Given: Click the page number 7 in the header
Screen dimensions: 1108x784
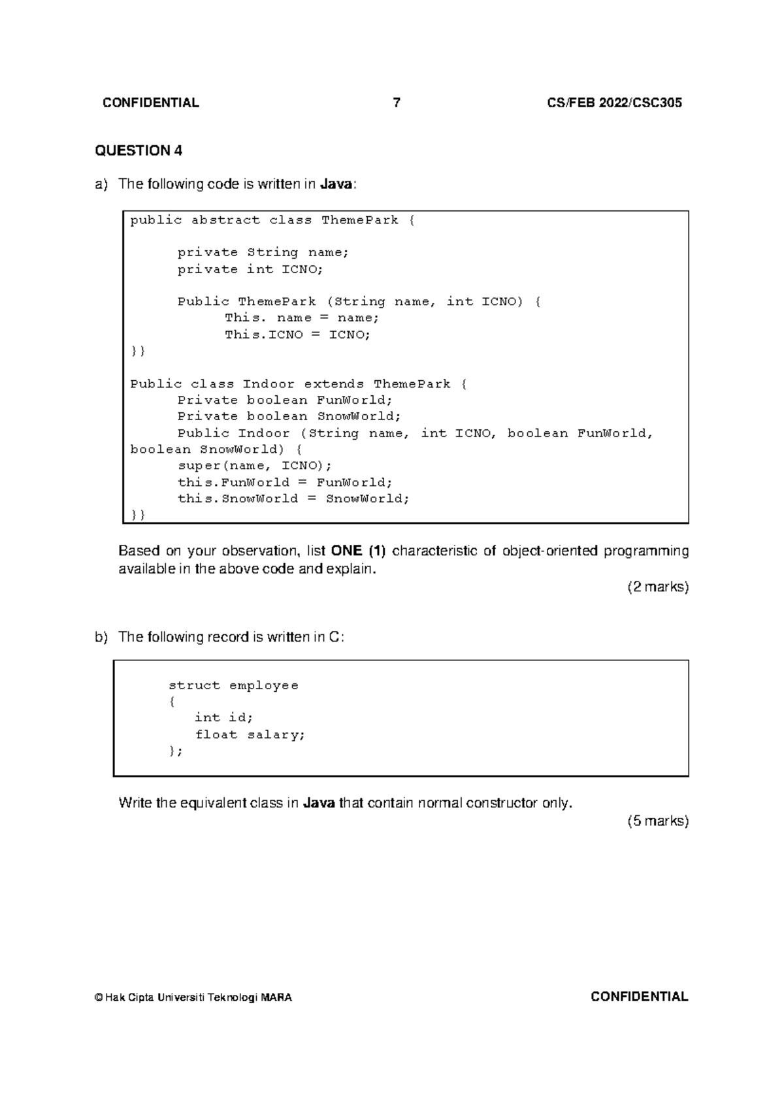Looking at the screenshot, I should point(397,103).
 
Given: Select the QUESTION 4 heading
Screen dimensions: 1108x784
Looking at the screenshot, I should point(139,151).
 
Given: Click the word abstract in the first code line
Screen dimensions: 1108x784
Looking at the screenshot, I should point(225,220).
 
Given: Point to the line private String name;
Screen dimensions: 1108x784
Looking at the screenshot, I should point(263,253).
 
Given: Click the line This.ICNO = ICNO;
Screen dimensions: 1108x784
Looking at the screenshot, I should point(297,334).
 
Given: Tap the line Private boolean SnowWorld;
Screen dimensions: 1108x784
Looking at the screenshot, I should point(289,416).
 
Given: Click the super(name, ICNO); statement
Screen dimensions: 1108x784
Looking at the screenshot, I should point(255,466).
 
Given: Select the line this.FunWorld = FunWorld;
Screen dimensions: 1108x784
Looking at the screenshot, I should point(285,482).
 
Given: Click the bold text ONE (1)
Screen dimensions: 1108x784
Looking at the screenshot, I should point(359,551).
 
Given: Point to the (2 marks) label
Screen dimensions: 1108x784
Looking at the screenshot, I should point(658,587).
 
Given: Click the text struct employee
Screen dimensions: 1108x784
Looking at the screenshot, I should point(233,685).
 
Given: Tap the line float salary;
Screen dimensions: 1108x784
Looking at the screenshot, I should point(250,734).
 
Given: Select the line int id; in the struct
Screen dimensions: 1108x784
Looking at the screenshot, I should point(223,717).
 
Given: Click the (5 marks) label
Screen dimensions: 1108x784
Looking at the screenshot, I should point(658,821).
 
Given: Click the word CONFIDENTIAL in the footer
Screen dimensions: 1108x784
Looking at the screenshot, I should point(639,997).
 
